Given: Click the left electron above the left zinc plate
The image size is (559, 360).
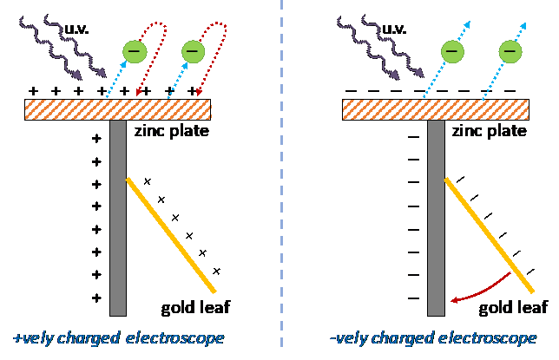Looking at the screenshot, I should tap(134, 52).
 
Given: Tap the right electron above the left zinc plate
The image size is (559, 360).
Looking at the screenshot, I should tap(192, 52).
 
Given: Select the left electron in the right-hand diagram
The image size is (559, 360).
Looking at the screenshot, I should tap(451, 52).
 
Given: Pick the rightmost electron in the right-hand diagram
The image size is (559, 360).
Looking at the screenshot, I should tap(510, 52).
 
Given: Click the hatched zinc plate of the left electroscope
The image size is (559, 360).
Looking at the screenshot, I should tap(118, 109).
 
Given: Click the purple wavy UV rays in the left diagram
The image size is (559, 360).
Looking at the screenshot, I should tap(61, 43).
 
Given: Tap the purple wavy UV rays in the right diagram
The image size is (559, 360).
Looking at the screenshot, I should tap(378, 43).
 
